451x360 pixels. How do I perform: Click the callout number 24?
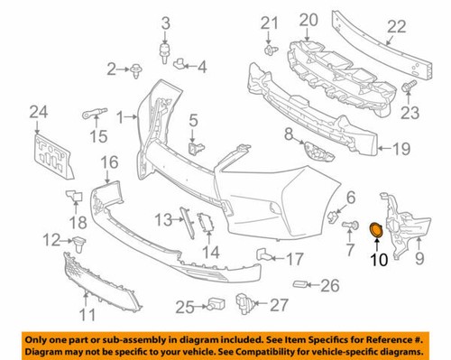pyautogui.click(x=36, y=112)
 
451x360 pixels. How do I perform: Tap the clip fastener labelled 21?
pyautogui.click(x=269, y=51)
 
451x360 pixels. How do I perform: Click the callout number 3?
pyautogui.click(x=166, y=22)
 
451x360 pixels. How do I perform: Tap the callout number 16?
pyautogui.click(x=109, y=162)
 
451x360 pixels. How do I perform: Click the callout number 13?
pyautogui.click(x=161, y=220)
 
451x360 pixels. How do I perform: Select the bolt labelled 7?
pyautogui.click(x=347, y=225)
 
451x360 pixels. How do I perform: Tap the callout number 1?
pyautogui.click(x=119, y=115)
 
